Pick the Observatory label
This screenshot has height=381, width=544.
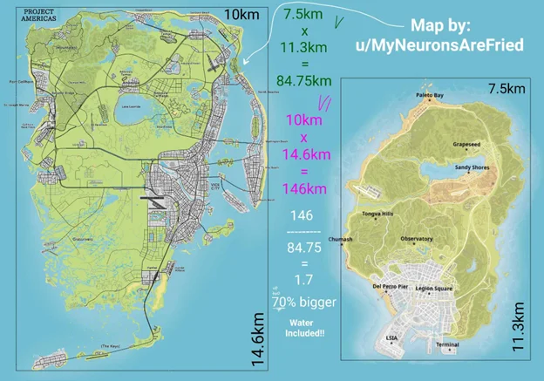point(416,238)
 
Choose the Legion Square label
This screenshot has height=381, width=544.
point(437,287)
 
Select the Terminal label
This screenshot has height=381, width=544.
point(447,344)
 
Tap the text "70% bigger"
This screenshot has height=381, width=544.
point(310,303)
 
